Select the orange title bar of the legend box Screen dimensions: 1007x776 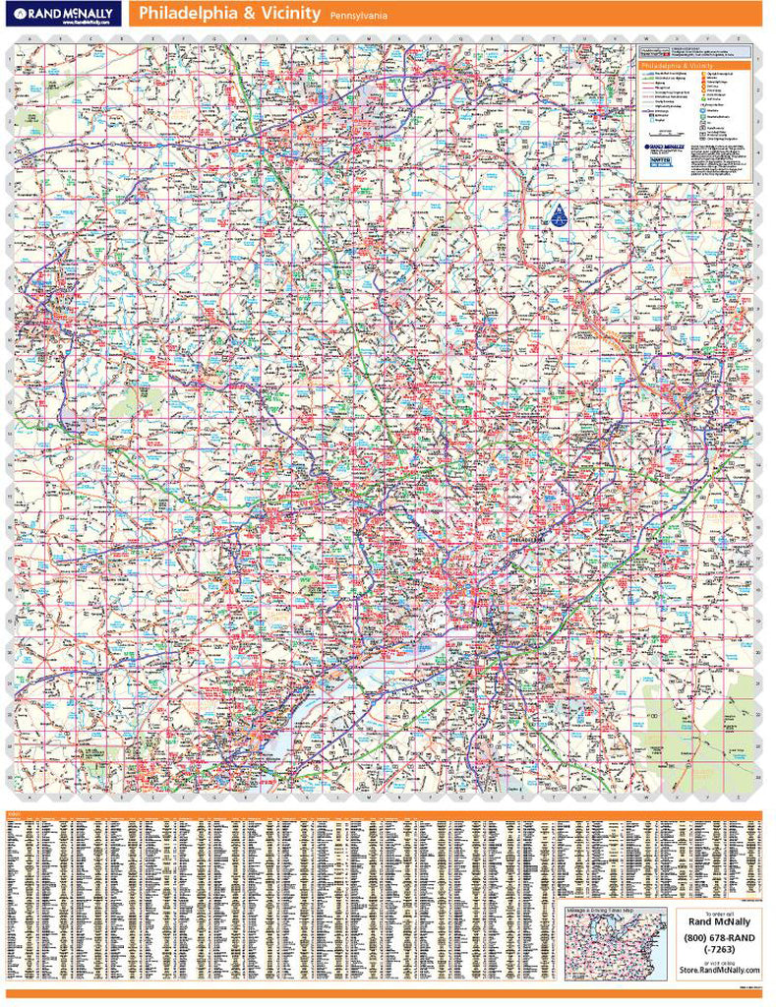tap(693, 64)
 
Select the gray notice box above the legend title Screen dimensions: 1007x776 tap(693, 50)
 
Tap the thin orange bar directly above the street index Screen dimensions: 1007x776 tap(388, 811)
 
